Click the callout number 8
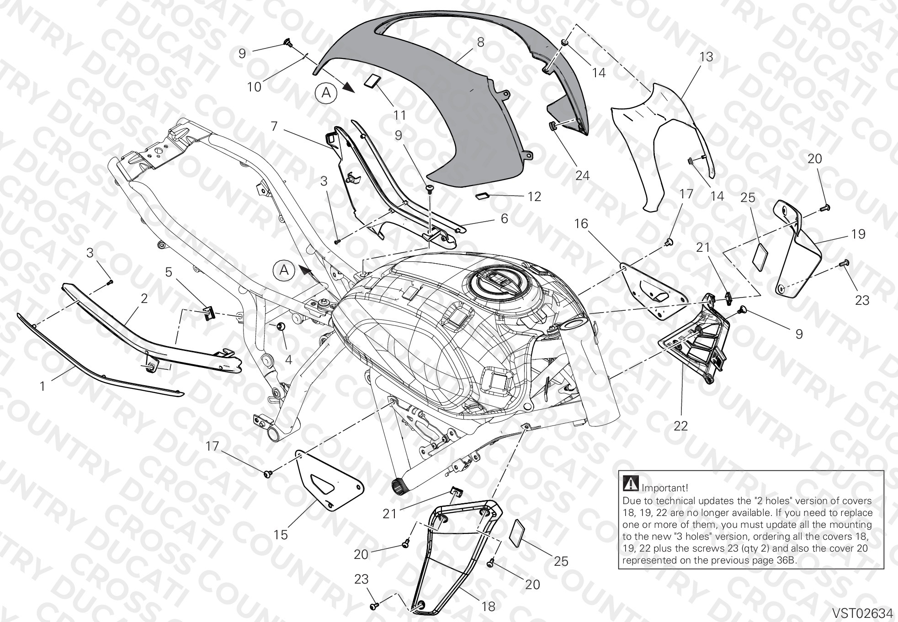click(x=480, y=43)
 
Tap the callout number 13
click(x=706, y=57)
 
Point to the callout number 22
click(x=680, y=426)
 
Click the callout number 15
click(x=281, y=534)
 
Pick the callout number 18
click(x=489, y=606)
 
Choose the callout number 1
click(x=43, y=387)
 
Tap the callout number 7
click(x=274, y=126)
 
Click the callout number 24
click(x=582, y=175)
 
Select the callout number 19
click(x=859, y=234)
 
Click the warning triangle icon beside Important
click(x=631, y=482)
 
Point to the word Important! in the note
click(x=665, y=489)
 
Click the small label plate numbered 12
click(x=482, y=196)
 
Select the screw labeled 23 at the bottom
click(x=374, y=606)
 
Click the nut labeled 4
click(x=281, y=326)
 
